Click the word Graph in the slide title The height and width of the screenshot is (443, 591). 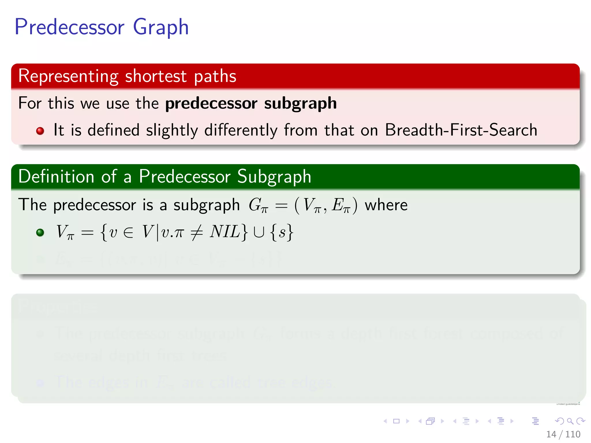(161, 27)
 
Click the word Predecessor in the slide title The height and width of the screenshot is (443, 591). (70, 27)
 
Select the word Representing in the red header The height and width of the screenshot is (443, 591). (68, 76)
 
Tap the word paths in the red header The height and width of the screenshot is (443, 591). (215, 76)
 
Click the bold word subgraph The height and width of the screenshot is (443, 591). (300, 103)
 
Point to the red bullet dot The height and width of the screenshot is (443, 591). (40, 131)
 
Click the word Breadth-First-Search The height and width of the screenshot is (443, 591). (461, 130)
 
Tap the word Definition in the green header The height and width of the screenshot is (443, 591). (56, 176)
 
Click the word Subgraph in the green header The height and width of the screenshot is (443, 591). (274, 176)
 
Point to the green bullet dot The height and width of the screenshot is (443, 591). (40, 232)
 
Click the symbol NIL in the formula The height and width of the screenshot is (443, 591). (225, 232)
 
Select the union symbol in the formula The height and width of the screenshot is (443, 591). (259, 232)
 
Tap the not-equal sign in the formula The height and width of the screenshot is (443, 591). (197, 232)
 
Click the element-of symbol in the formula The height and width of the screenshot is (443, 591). (128, 232)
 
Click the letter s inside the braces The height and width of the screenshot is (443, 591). (282, 232)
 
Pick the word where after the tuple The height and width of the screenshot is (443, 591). (386, 205)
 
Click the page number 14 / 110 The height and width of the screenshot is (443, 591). (563, 434)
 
